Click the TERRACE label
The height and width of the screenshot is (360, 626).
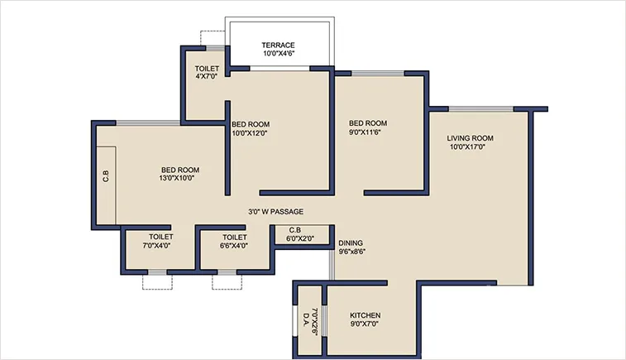click(x=278, y=45)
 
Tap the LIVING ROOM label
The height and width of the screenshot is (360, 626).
click(x=470, y=138)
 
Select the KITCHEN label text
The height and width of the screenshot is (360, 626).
click(x=364, y=316)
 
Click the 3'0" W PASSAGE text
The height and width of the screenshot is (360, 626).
click(x=275, y=212)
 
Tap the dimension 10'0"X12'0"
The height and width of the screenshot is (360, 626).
click(x=249, y=132)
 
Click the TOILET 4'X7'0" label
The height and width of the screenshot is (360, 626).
click(x=206, y=73)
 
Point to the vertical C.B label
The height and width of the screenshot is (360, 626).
click(x=105, y=175)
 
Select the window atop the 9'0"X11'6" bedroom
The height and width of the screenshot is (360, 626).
click(x=380, y=74)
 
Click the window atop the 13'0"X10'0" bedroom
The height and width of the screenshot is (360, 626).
click(x=148, y=123)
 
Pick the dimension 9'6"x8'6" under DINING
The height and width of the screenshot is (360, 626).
click(x=351, y=252)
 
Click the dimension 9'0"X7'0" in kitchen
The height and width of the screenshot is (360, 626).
click(x=364, y=325)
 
